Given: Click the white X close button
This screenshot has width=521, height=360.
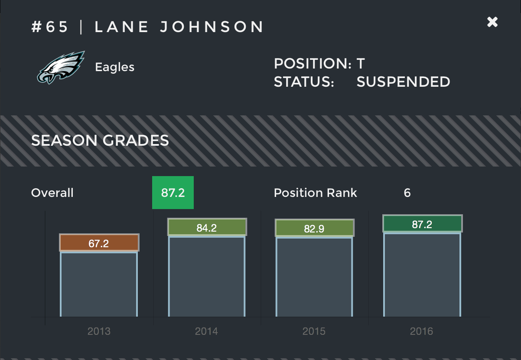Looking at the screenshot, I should click(492, 22).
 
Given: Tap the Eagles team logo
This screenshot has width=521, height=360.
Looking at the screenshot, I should click(60, 67).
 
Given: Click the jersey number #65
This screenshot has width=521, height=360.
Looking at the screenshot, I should click(50, 27).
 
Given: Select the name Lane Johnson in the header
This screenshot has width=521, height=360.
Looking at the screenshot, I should click(179, 27).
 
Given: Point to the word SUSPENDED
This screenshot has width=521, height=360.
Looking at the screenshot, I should click(403, 82).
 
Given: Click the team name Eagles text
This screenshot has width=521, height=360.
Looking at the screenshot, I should click(115, 67).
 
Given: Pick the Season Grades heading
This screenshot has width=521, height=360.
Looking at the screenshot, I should click(100, 141).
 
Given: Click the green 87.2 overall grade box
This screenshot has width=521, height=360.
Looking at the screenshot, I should click(173, 193).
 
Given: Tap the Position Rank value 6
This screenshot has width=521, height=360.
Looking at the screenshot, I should click(407, 193).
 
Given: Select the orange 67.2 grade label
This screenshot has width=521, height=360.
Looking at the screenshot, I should click(99, 243).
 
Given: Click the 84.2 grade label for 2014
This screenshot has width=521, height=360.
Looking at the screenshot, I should click(206, 228).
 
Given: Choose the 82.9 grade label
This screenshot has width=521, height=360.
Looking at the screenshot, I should click(314, 229).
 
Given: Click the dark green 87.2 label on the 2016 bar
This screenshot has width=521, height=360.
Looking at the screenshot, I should click(422, 224).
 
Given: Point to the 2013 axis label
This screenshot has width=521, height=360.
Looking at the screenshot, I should click(99, 332).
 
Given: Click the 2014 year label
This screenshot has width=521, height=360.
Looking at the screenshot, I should click(206, 332).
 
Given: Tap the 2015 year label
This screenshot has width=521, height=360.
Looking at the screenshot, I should click(314, 332).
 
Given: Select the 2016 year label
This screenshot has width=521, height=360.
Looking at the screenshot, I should click(421, 332).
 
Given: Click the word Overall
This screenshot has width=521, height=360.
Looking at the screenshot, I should click(52, 193).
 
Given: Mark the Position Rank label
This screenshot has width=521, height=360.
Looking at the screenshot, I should click(316, 193).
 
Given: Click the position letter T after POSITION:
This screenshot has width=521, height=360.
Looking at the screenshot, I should click(361, 64).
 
